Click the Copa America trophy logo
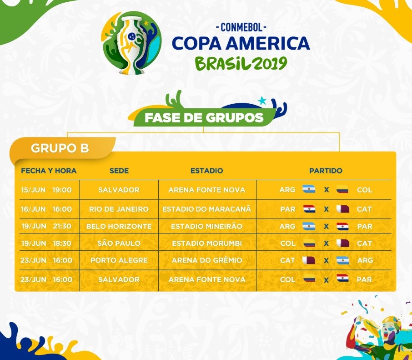tap(131, 43)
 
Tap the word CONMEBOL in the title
tap(241, 27)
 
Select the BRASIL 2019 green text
tap(241, 63)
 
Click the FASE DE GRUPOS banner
tap(204, 117)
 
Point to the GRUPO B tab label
tap(60, 148)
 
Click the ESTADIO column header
tap(207, 171)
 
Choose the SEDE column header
tap(119, 171)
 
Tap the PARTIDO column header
tap(326, 171)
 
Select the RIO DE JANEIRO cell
tap(119, 209)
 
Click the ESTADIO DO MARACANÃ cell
tap(207, 209)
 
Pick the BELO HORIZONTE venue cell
tap(119, 226)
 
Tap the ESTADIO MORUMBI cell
tap(207, 243)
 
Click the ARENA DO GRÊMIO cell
tap(207, 260)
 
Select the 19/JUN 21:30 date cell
tap(46, 226)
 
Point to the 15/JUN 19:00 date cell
tap(46, 190)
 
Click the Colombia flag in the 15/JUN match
tap(342, 189)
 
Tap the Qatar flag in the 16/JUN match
tap(343, 209)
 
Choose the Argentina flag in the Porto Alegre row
tap(343, 260)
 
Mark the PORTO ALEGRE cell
tap(119, 260)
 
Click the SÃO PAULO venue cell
tap(119, 243)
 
